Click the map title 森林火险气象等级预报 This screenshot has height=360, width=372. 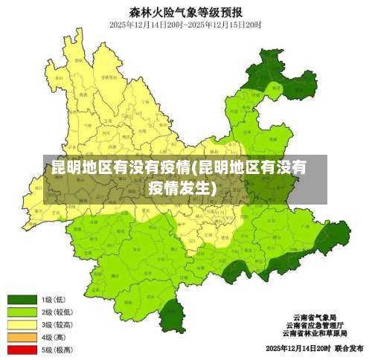(186, 11)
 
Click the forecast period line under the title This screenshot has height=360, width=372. (186, 25)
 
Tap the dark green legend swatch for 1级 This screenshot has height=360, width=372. (22, 299)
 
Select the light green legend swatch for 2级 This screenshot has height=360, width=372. (22, 312)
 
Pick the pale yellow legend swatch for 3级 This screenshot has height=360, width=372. (22, 324)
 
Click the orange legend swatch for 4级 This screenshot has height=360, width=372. (22, 337)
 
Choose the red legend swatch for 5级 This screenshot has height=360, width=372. (22, 350)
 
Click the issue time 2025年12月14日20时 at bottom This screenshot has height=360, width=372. (297, 348)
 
